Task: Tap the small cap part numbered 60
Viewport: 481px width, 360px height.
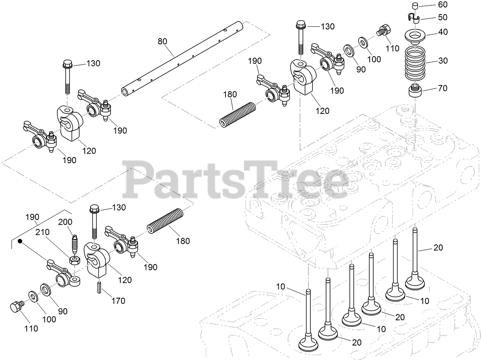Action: click(x=415, y=6)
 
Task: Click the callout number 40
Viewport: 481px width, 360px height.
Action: click(x=443, y=32)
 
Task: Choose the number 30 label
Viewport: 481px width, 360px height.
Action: click(x=443, y=61)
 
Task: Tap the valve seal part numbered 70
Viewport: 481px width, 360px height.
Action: click(x=415, y=92)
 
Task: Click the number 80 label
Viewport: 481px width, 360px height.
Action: click(x=162, y=41)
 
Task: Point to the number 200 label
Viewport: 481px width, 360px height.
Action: click(x=65, y=222)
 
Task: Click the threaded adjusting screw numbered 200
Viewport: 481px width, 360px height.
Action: click(x=75, y=243)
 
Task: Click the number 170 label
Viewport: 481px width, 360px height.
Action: click(x=118, y=301)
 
